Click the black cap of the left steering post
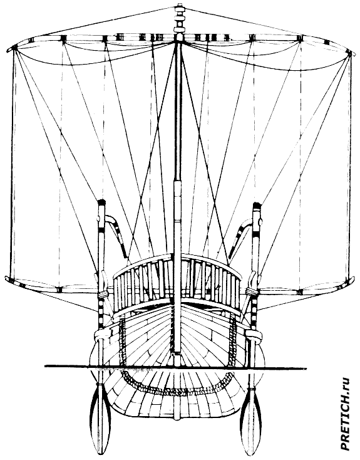click(101, 202)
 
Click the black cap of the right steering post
click(257, 205)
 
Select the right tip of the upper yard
click(352, 52)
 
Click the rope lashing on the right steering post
click(252, 291)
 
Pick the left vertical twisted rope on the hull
click(121, 340)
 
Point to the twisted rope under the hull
click(176, 391)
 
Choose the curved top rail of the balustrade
click(177, 258)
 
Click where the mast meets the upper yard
click(177, 38)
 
